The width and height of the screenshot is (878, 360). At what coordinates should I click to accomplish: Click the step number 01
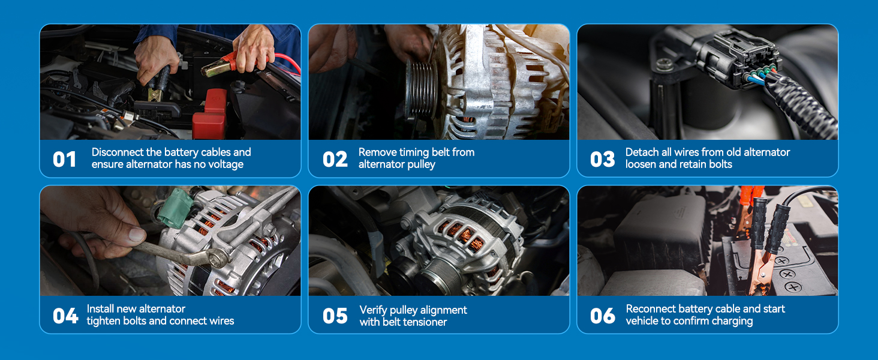click(65, 159)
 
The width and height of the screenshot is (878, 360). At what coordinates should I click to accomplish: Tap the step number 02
click(335, 159)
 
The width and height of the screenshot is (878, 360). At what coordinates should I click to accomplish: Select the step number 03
click(602, 159)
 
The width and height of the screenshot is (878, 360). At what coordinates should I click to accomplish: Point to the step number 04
click(65, 316)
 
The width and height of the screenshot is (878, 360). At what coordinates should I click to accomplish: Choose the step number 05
click(335, 316)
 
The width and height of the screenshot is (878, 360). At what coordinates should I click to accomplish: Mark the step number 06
click(602, 316)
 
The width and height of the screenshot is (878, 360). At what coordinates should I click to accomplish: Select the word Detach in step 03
click(642, 152)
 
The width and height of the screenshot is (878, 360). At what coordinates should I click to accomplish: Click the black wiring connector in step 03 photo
click(744, 60)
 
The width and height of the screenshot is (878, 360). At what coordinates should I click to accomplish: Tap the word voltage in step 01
click(225, 164)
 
